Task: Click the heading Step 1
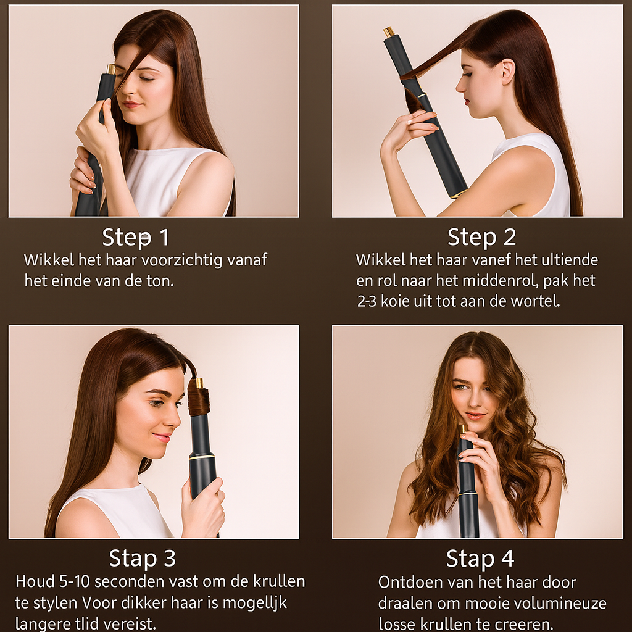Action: [135, 237]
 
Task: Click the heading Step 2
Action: [481, 237]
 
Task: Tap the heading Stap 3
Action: [142, 558]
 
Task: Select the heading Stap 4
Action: [480, 558]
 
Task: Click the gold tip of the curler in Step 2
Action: [389, 31]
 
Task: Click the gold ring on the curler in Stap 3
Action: [202, 457]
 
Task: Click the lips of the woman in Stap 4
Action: [475, 416]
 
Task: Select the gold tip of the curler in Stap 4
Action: [462, 428]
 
